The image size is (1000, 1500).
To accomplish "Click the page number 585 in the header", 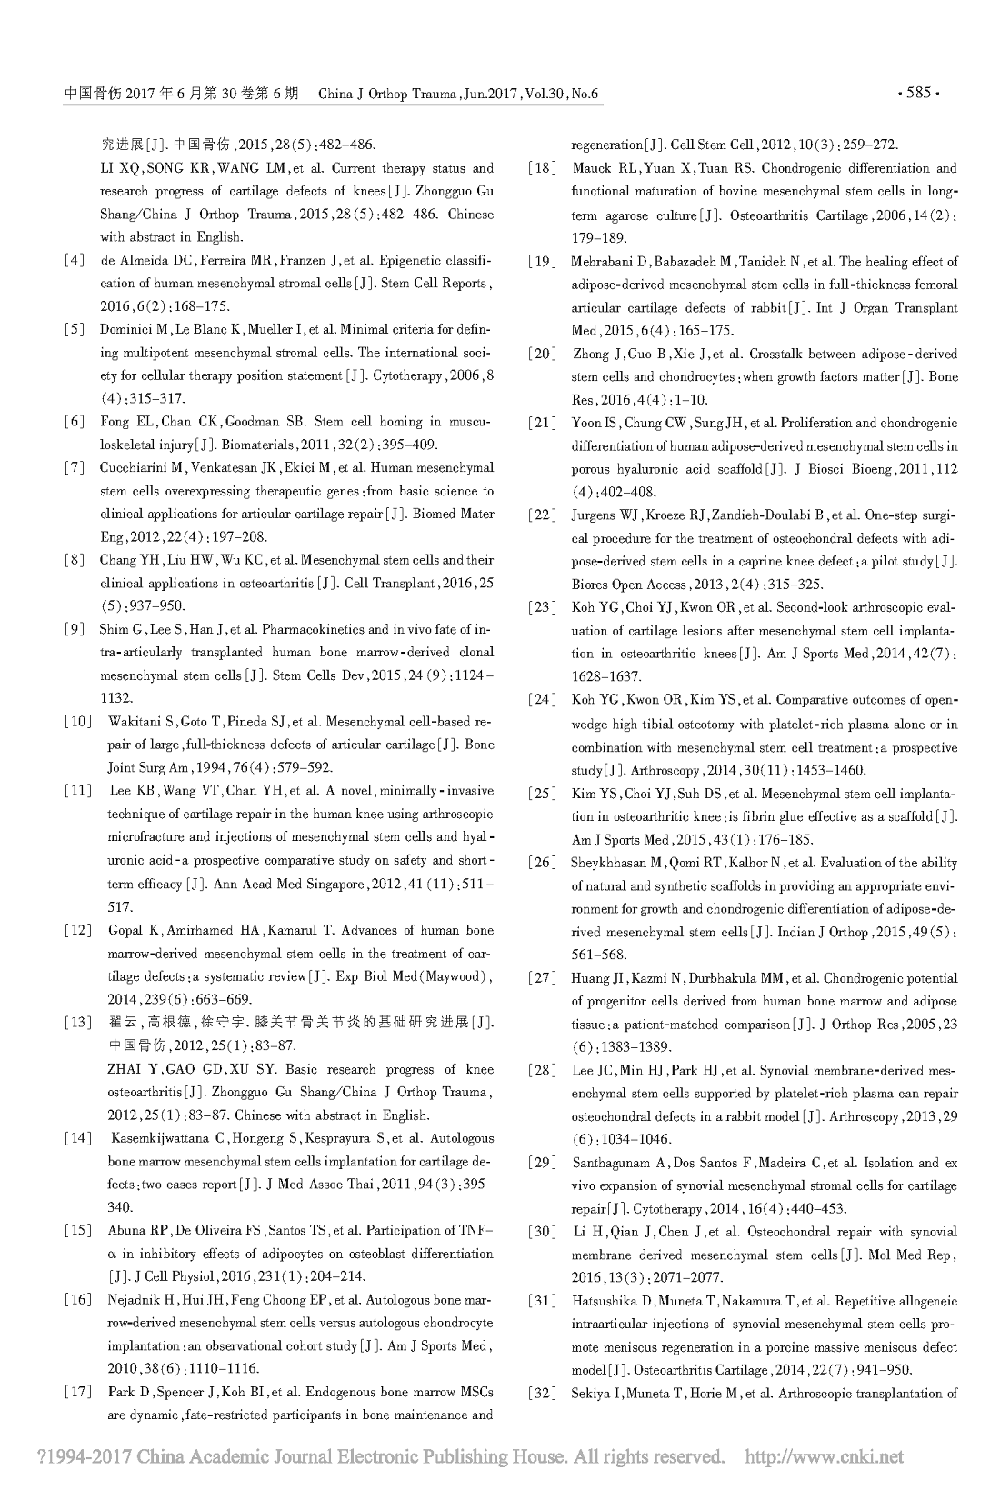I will click(918, 93).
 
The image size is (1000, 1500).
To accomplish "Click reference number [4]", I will click(75, 261).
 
